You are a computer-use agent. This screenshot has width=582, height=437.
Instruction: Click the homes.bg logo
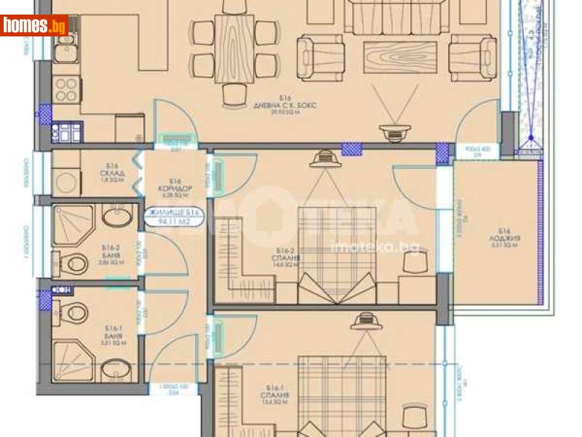[x=34, y=26]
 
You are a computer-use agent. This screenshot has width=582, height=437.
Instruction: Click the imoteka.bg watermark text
[x=375, y=248]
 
